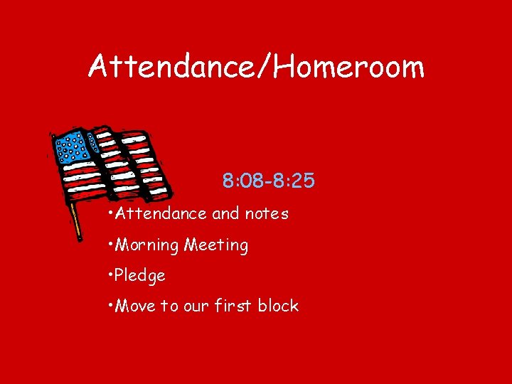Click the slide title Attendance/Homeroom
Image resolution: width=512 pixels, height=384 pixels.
pos(256,67)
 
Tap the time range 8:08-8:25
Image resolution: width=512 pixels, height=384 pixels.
pos(268,181)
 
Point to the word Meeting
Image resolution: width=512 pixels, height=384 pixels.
pos(216,246)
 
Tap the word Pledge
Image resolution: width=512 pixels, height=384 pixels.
pos(139,276)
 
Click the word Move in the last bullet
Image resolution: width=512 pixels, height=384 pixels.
pos(135,306)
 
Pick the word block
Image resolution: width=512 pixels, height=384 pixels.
pos(279,306)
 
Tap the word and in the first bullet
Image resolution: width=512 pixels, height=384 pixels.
pos(225,213)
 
